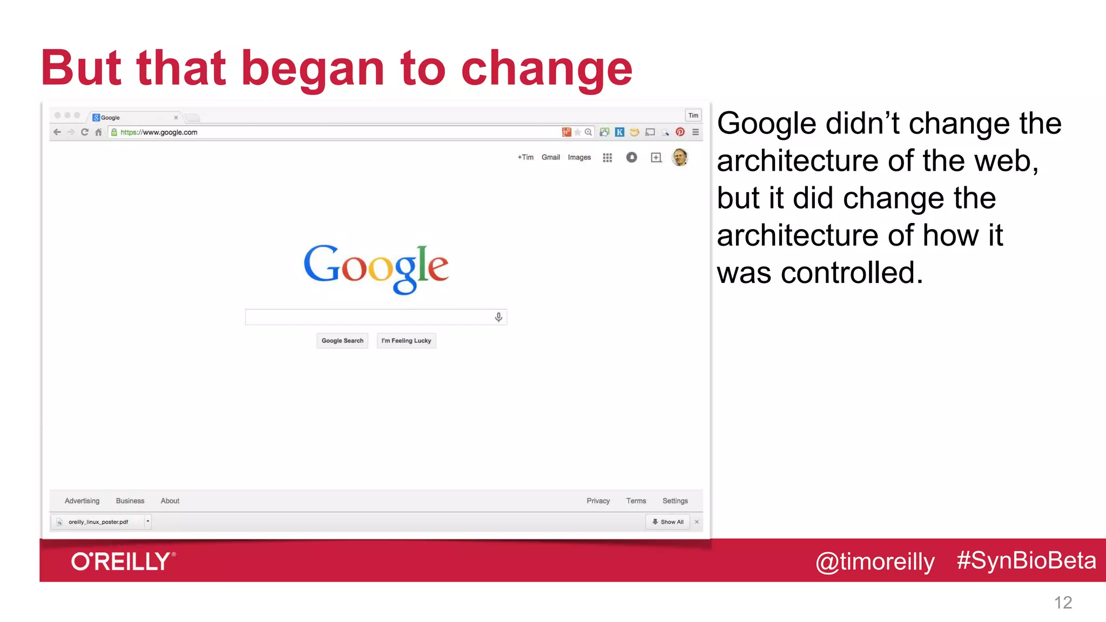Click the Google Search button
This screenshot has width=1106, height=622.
point(342,341)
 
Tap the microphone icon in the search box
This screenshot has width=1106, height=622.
point(498,317)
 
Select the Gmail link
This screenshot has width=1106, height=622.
point(550,157)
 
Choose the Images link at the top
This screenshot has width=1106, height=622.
point(579,157)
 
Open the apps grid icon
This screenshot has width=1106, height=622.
point(608,158)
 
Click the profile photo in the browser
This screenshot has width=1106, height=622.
point(680,157)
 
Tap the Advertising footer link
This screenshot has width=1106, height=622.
point(82,501)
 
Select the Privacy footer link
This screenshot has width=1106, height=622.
point(598,501)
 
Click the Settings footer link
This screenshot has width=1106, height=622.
point(675,501)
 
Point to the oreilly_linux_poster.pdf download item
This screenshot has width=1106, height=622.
point(98,522)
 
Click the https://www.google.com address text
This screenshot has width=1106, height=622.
point(159,132)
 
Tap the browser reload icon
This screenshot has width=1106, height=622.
point(84,132)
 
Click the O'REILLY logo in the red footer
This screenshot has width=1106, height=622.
point(123,562)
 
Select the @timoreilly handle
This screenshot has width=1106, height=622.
point(875,562)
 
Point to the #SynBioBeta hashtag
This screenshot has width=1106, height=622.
point(1026,560)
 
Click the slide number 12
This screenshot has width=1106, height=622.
point(1063,603)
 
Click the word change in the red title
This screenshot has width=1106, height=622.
point(546,69)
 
